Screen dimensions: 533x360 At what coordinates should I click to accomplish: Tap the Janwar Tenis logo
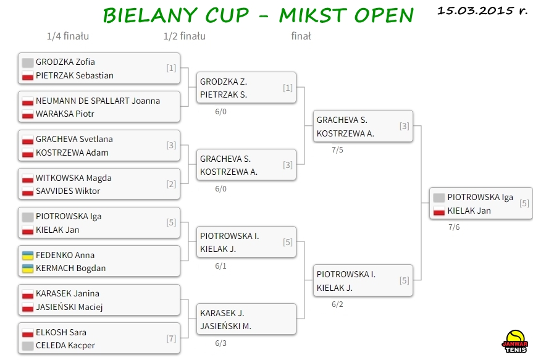tap(515, 341)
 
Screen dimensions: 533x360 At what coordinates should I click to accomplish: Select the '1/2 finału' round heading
tap(185, 36)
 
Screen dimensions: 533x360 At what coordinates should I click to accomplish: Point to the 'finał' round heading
tap(301, 36)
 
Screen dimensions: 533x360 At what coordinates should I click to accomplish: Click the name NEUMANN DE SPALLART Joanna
tap(98, 101)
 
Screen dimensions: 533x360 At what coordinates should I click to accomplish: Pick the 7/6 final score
tap(454, 227)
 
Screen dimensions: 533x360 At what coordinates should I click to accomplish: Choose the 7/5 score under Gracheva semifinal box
tap(337, 150)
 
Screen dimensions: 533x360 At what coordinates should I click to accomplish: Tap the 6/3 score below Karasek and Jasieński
tap(220, 343)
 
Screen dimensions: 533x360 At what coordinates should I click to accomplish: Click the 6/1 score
tap(220, 266)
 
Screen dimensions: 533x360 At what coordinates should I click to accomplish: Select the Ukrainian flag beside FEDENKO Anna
tap(28, 255)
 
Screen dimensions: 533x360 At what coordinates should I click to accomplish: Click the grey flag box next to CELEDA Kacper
tap(28, 346)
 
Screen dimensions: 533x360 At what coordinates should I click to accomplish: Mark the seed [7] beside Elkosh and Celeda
tap(171, 338)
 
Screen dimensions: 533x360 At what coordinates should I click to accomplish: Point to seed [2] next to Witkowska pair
tap(171, 184)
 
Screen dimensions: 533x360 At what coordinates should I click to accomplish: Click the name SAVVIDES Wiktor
tap(68, 191)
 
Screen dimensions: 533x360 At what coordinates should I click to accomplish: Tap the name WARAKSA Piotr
tap(65, 114)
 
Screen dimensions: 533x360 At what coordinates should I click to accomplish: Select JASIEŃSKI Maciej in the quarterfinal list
tap(69, 307)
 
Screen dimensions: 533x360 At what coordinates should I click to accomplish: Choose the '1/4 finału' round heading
tap(68, 36)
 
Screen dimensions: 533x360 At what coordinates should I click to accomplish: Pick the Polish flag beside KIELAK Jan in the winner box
tap(439, 211)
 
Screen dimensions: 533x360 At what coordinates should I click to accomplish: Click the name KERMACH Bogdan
tap(70, 268)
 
